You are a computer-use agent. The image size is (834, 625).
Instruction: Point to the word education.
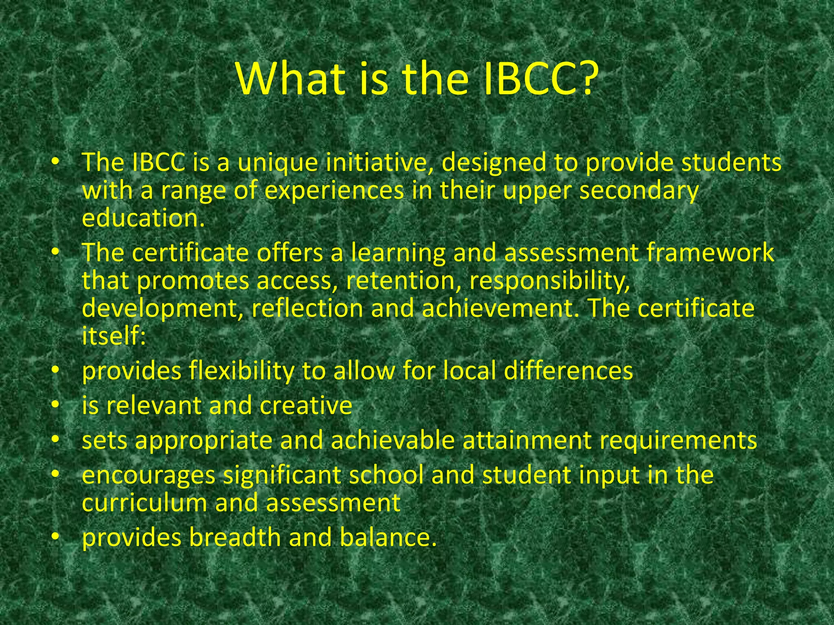pyautogui.click(x=143, y=218)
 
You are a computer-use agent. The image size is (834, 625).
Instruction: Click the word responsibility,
pyautogui.click(x=550, y=281)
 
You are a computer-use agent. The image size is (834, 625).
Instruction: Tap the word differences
pyautogui.click(x=568, y=371)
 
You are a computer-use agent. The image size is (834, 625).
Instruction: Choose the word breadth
pyautogui.click(x=235, y=538)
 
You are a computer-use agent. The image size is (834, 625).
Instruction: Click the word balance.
pyautogui.click(x=388, y=538)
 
